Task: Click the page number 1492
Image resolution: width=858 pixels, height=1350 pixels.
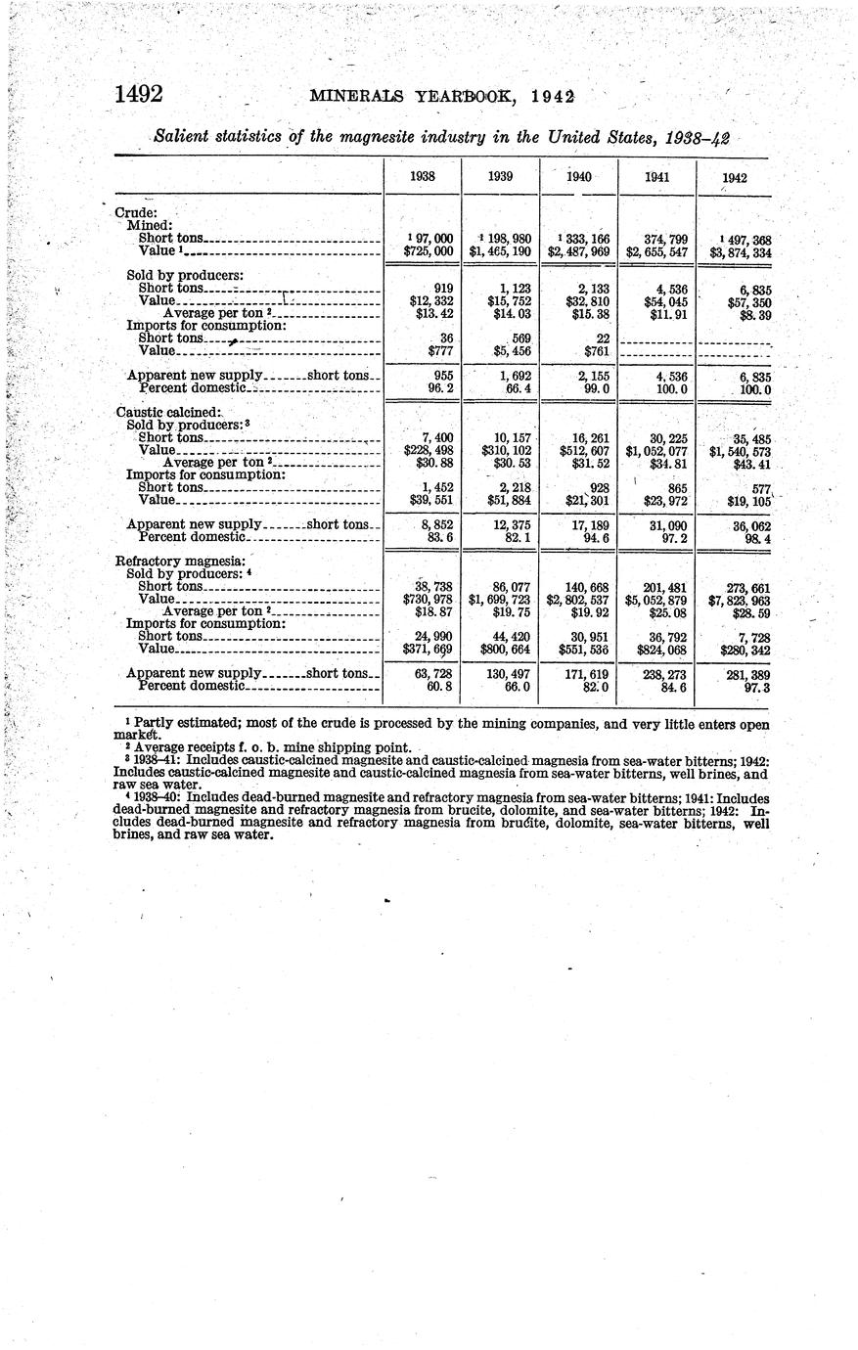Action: point(138,95)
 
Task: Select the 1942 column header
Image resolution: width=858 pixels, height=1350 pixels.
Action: point(735,178)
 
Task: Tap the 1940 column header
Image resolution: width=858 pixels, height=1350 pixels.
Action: point(579,177)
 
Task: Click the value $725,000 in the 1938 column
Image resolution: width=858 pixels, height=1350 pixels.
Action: point(429,251)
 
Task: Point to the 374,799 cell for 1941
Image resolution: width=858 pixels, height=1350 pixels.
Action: point(659,239)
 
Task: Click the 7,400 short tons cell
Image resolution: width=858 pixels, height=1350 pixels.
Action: point(436,437)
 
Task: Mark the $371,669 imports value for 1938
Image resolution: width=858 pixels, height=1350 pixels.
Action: point(429,649)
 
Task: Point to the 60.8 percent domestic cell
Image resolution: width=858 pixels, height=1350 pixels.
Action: point(436,687)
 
